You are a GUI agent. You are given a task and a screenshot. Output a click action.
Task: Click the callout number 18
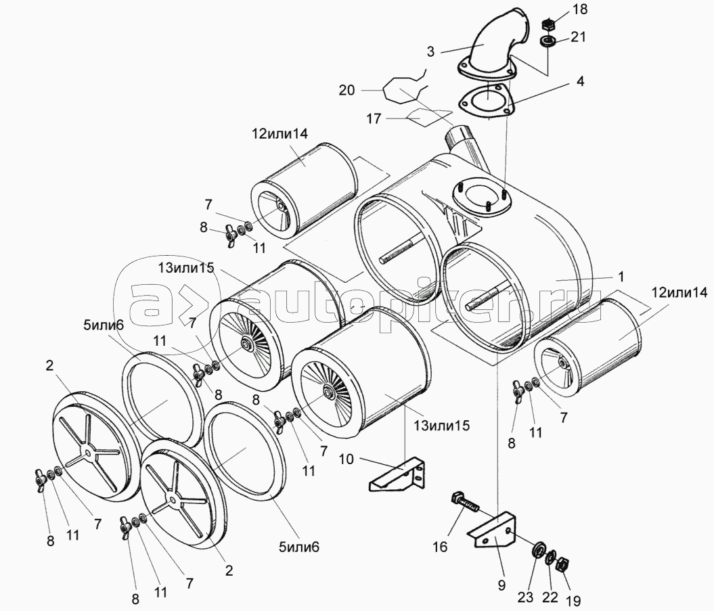580,9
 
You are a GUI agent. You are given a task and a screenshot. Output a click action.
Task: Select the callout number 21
578,37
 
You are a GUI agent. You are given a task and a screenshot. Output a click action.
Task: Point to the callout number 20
347,91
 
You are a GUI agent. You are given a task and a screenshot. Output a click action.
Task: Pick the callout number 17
374,119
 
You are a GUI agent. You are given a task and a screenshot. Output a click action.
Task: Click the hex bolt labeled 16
464,503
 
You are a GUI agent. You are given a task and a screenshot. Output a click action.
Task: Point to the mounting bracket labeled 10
396,474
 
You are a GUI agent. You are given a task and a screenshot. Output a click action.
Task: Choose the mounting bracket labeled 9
492,529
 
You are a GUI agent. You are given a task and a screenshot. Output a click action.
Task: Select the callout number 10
346,459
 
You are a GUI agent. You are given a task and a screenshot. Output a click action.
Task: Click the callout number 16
440,546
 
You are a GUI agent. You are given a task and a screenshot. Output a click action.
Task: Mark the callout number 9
501,585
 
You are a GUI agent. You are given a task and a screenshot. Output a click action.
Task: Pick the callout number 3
430,51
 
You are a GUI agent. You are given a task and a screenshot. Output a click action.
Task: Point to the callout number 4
579,81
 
